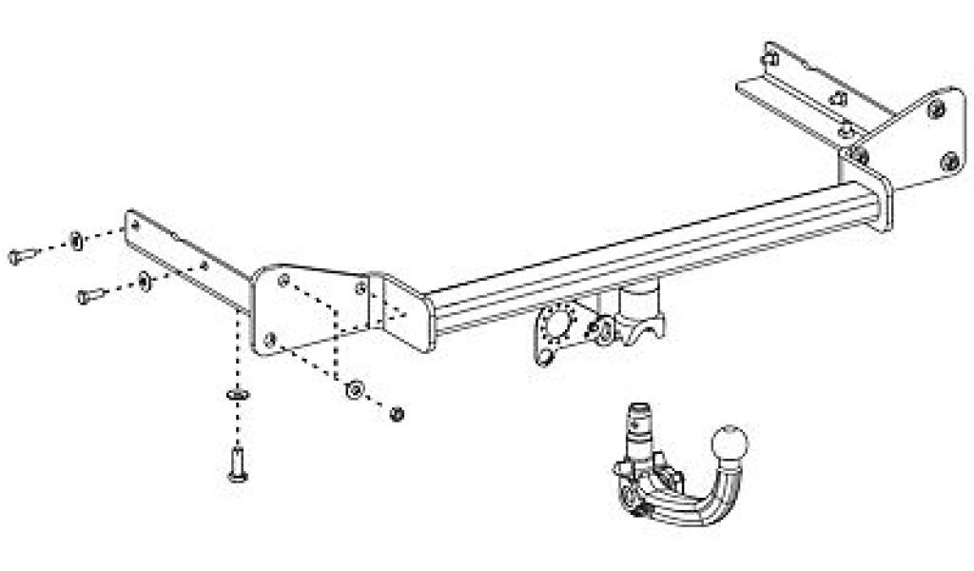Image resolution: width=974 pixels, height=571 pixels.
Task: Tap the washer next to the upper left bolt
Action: pos(74,238)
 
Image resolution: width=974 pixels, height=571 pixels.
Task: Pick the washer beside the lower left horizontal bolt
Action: pos(143,281)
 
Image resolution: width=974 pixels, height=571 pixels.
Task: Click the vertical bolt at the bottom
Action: pos(235,464)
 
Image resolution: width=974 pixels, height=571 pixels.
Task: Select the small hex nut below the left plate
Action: pos(399,412)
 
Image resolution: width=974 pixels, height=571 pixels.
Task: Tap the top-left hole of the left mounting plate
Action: pos(282,280)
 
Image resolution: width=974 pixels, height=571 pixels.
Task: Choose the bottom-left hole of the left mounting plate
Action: pos(270,335)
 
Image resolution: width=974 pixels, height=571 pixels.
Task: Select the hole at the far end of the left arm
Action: pos(133,224)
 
